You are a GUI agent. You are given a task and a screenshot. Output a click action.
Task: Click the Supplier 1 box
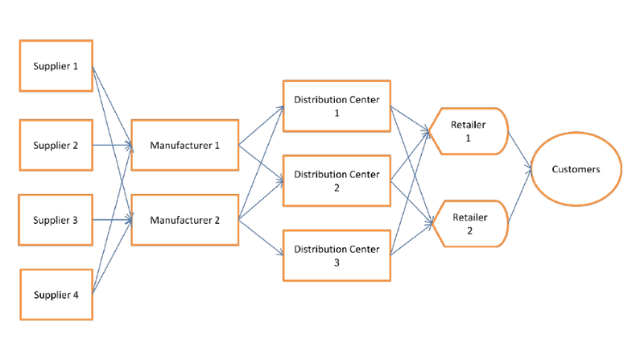pyautogui.click(x=56, y=66)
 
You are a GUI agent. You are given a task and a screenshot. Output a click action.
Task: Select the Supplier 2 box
pyautogui.click(x=56, y=146)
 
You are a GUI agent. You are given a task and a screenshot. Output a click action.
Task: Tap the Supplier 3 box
pyautogui.click(x=56, y=220)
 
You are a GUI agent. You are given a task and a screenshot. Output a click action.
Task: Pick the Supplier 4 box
pyautogui.click(x=56, y=295)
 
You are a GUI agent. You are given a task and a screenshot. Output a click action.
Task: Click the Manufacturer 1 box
pyautogui.click(x=185, y=146)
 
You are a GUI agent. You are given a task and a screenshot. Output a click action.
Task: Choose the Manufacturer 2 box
pyautogui.click(x=185, y=220)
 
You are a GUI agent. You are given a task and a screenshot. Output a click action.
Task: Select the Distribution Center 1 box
pyautogui.click(x=337, y=106)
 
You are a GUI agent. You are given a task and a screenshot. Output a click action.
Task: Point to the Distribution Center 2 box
pyautogui.click(x=337, y=180)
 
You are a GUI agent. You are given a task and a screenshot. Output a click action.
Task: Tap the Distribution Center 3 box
pyautogui.click(x=337, y=255)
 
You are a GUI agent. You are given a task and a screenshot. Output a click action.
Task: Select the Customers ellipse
pyautogui.click(x=575, y=169)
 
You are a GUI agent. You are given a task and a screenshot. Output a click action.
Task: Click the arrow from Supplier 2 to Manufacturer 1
pyautogui.click(x=113, y=146)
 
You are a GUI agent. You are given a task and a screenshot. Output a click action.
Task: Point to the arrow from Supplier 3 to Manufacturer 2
pyautogui.click(x=113, y=220)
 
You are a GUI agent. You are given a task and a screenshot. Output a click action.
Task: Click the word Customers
pyautogui.click(x=575, y=169)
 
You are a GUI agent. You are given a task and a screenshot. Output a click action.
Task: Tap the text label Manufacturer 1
pyautogui.click(x=185, y=146)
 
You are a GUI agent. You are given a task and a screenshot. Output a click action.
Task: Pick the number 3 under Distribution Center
pyautogui.click(x=337, y=263)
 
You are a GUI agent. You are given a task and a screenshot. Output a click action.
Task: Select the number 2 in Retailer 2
pyautogui.click(x=469, y=230)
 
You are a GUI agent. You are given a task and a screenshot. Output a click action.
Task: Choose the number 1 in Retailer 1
pyautogui.click(x=469, y=139)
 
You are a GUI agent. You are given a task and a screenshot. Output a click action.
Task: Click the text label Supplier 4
pyautogui.click(x=56, y=295)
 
